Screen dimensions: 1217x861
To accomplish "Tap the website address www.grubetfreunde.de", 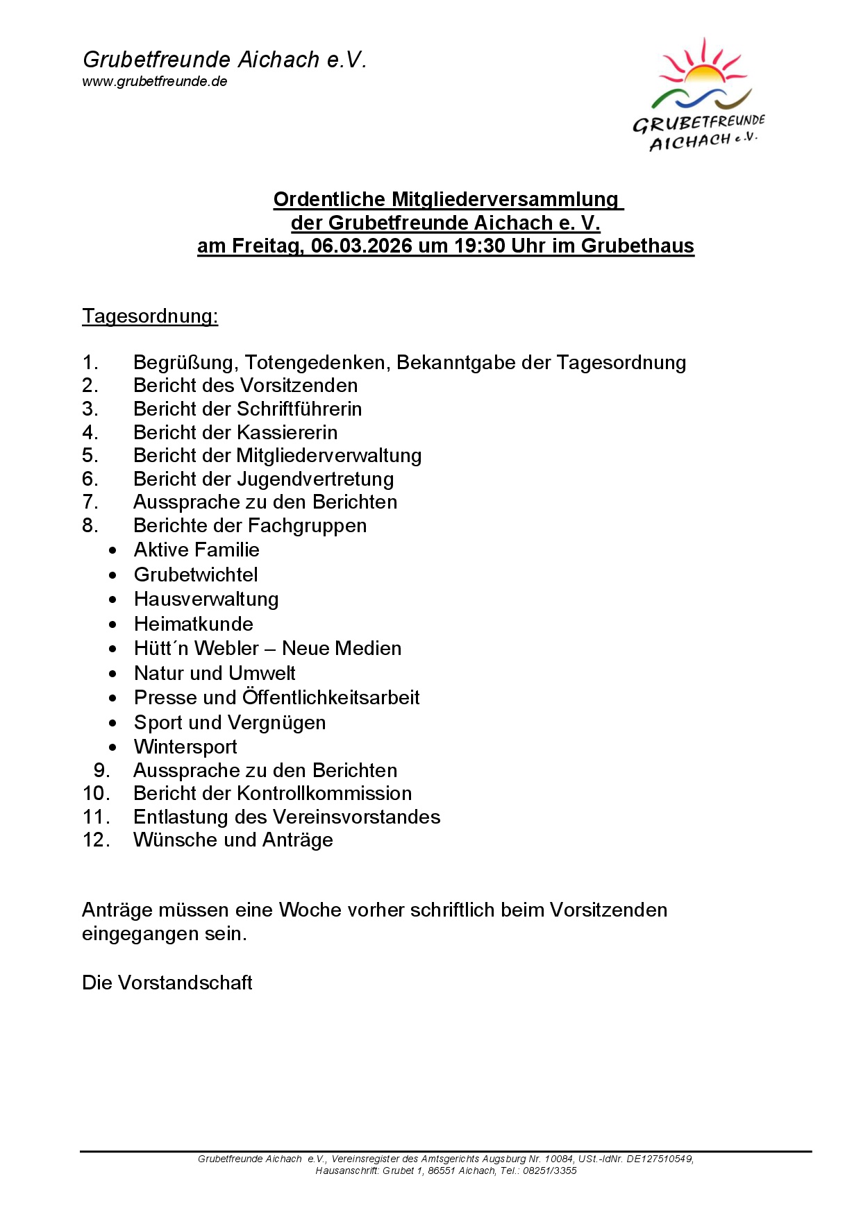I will (155, 81).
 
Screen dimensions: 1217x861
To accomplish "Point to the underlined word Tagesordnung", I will (150, 316).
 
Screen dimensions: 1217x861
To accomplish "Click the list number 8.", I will (90, 525).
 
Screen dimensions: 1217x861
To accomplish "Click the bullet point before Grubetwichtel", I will (112, 575).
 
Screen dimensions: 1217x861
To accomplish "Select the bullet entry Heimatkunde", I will (194, 624).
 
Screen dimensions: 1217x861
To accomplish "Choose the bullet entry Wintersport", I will (185, 747).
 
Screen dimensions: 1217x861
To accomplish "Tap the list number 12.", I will (96, 840).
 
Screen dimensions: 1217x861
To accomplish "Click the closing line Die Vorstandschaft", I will (167, 982).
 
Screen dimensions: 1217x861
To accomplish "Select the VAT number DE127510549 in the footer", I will (659, 1159).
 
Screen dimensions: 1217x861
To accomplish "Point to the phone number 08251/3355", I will (550, 1171).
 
